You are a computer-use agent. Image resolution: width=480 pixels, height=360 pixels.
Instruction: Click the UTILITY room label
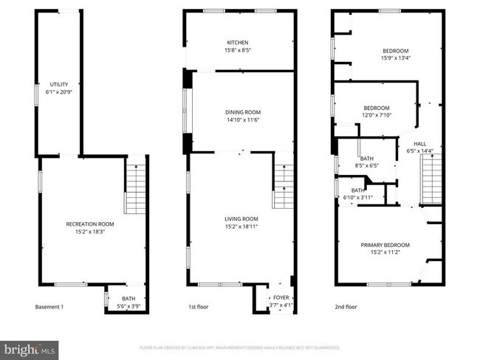(58, 85)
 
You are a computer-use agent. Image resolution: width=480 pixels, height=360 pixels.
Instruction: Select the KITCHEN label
(238, 43)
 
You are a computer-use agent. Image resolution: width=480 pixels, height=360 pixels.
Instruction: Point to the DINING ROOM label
(243, 112)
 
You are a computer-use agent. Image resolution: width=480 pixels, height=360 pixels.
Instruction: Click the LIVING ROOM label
(241, 219)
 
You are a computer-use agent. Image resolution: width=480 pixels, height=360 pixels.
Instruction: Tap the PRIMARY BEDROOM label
(385, 245)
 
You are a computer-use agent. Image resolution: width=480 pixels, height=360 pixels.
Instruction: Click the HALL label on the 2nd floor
(419, 144)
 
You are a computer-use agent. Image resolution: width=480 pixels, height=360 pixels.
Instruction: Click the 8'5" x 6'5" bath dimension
(366, 166)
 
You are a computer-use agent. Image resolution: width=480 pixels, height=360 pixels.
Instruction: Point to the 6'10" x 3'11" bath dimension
(355, 198)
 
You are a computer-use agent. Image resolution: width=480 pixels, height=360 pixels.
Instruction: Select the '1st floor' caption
(198, 307)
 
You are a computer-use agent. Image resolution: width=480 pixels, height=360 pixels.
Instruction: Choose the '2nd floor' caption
(346, 307)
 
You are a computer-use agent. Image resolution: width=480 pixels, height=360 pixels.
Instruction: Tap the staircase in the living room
(283, 187)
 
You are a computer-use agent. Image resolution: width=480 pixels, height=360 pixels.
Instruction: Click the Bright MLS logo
(30, 347)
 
